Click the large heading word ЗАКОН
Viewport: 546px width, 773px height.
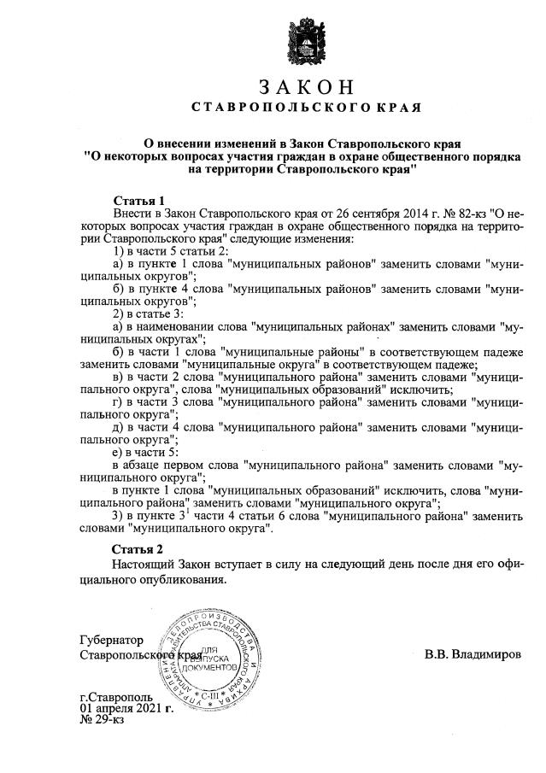305,88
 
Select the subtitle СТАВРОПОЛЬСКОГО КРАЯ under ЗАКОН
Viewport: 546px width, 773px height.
305,108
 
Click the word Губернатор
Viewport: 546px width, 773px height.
111,640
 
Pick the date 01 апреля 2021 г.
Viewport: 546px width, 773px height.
126,708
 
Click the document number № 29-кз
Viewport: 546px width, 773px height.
102,720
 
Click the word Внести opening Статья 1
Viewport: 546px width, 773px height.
133,212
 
